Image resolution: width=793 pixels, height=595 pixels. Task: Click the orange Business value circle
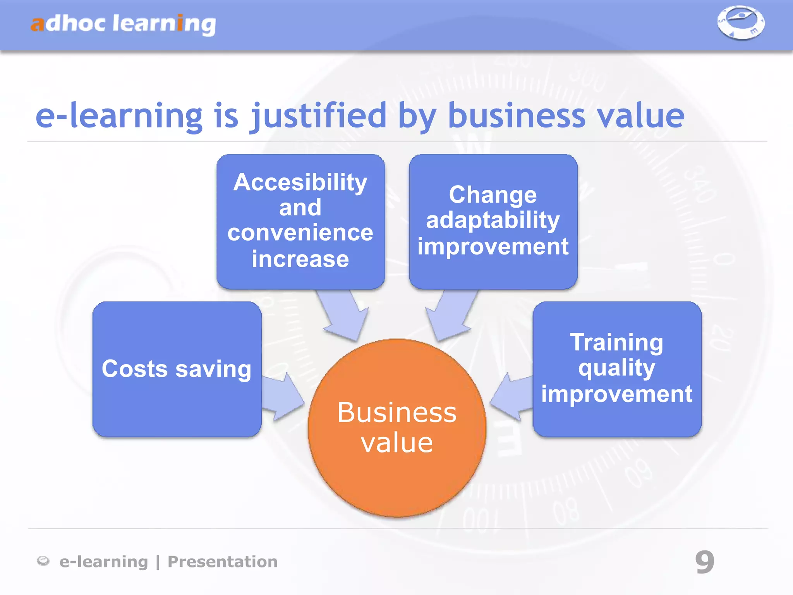pyautogui.click(x=397, y=428)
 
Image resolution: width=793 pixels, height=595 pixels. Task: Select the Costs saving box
pyautogui.click(x=177, y=369)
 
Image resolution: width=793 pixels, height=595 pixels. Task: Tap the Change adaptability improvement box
pyautogui.click(x=493, y=221)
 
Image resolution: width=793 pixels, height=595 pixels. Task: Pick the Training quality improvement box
pyautogui.click(x=617, y=369)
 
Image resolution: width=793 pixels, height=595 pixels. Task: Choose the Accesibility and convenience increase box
pyautogui.click(x=300, y=221)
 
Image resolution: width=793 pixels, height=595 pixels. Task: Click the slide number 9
pyautogui.click(x=704, y=562)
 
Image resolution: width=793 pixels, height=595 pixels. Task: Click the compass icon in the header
pyautogui.click(x=741, y=22)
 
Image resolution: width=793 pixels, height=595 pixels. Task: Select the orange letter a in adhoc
pyautogui.click(x=38, y=24)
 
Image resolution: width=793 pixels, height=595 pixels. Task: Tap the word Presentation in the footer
pyautogui.click(x=222, y=562)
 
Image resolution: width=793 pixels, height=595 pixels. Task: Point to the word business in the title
pyautogui.click(x=516, y=116)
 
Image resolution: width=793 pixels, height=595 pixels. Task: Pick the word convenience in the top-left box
pyautogui.click(x=300, y=233)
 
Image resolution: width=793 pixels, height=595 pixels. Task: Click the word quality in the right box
pyautogui.click(x=617, y=368)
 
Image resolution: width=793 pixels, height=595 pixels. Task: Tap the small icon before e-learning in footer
pyautogui.click(x=43, y=561)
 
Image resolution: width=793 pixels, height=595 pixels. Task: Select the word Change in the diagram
pyautogui.click(x=493, y=194)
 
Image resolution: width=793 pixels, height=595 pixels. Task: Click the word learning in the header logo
pyautogui.click(x=164, y=24)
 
